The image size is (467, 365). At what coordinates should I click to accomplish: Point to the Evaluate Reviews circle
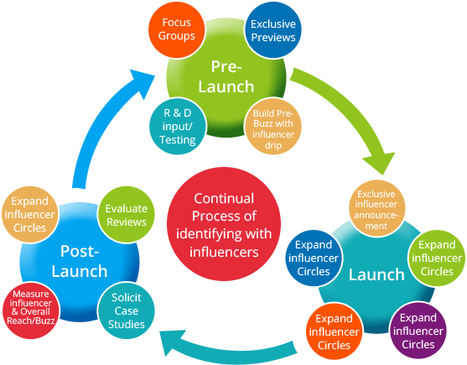click(126, 215)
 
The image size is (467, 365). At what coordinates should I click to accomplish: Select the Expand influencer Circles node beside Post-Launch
click(30, 215)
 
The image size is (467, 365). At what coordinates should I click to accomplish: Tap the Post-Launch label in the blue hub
click(83, 261)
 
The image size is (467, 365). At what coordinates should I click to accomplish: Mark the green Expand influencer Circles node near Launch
click(436, 258)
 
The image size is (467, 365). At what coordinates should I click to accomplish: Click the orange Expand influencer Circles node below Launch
click(334, 331)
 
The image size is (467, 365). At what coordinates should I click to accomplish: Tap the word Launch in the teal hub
click(376, 274)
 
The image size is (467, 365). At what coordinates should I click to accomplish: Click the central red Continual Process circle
click(226, 226)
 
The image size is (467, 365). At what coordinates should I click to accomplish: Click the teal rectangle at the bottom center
click(228, 346)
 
